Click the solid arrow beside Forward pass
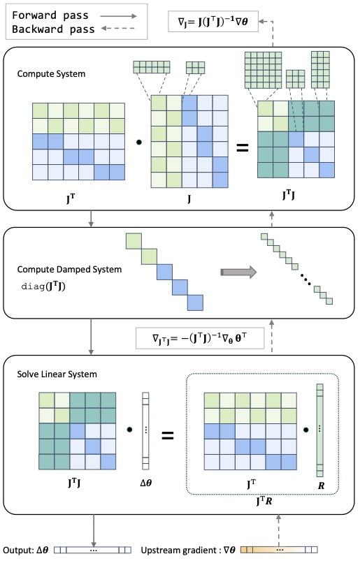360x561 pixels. (118, 16)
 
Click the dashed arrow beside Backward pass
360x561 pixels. (118, 29)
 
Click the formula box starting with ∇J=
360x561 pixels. (213, 22)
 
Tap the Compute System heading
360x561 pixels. (51, 74)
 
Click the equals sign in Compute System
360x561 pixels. (243, 147)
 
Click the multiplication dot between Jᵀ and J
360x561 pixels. (139, 142)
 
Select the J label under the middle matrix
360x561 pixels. (189, 198)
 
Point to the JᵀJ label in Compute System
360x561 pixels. (289, 195)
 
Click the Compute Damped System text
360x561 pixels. (69, 270)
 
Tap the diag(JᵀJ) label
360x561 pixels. (43, 286)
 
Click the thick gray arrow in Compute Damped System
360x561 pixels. (238, 272)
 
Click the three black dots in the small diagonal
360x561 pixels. (305, 279)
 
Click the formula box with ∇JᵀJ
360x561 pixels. (200, 338)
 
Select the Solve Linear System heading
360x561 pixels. (57, 374)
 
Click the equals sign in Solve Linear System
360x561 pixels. (168, 435)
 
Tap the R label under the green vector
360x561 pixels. (321, 486)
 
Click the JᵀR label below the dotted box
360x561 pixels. (264, 501)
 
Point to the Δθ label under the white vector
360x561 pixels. (145, 483)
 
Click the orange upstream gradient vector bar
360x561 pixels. (279, 550)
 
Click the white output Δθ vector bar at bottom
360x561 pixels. (93, 550)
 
